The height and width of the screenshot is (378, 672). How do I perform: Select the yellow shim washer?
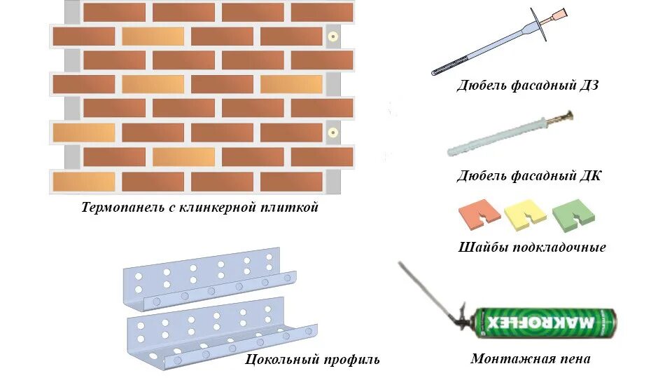pos(525,212)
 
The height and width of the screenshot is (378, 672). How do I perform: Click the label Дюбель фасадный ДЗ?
pos(528,86)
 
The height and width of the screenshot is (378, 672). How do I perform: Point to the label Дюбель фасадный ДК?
pos(528,175)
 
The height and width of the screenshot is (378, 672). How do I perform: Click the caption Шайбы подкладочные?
pos(532,248)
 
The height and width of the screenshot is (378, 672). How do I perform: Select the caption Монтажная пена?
pos(531,358)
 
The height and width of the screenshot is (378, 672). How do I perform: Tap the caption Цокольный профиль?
pos(313,360)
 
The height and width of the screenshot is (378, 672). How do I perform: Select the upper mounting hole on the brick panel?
pos(333,34)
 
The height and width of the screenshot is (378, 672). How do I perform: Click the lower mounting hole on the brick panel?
pos(333,131)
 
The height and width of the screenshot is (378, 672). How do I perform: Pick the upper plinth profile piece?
pos(210,279)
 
